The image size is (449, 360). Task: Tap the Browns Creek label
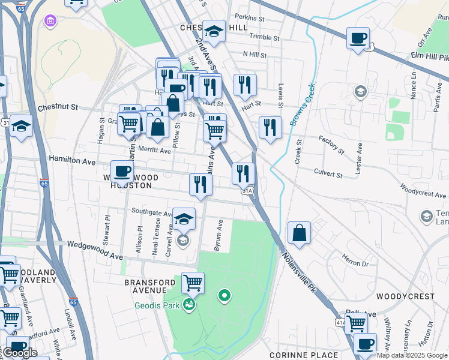pos(301,105)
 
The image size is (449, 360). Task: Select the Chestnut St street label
pos(58,107)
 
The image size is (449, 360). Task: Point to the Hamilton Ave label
pos(72,161)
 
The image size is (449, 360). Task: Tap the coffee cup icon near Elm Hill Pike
pos(358,38)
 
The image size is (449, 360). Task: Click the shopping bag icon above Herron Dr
pos(299,233)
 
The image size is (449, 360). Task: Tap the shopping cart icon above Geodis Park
pos(193,282)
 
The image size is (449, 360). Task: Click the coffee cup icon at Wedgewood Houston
pos(122,172)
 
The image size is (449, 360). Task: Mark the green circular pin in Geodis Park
pos(224,295)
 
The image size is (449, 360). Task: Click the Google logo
pos(19,353)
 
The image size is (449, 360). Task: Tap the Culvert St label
pos(328,173)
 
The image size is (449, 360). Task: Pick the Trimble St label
pos(265,37)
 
